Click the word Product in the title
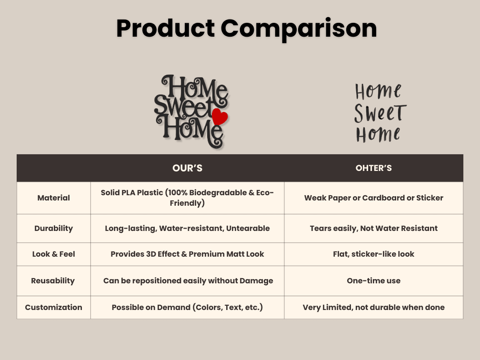(x=165, y=28)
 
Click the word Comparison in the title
(x=299, y=28)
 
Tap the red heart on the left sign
(x=220, y=117)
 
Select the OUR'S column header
(x=187, y=168)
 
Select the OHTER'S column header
(x=373, y=168)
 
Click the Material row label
(x=53, y=198)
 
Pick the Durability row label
(x=53, y=228)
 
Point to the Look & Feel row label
(x=53, y=254)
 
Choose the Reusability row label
(x=53, y=280)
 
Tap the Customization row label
(x=53, y=307)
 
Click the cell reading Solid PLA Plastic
(x=187, y=198)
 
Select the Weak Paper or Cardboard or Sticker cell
(x=373, y=198)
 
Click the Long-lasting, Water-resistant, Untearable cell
(x=187, y=228)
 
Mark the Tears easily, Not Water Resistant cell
(x=373, y=228)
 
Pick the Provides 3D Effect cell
(x=187, y=254)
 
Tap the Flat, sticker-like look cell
(x=373, y=254)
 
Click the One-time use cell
(x=373, y=280)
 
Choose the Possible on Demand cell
(x=187, y=307)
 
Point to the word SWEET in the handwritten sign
(x=380, y=113)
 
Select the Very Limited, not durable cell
(x=373, y=307)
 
